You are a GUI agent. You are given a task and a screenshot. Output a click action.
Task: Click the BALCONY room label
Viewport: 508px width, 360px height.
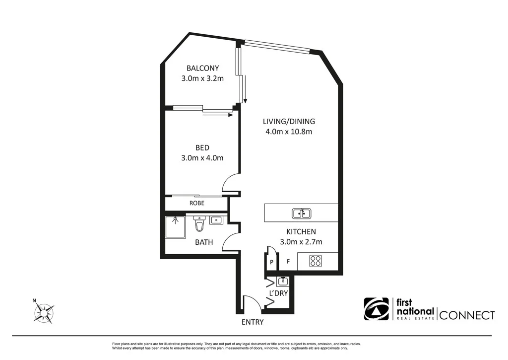[202, 68]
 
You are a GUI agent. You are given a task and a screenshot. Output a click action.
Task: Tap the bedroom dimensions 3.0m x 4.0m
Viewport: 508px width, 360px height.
[202, 158]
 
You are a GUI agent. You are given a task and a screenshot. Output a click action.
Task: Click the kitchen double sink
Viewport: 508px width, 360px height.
[301, 214]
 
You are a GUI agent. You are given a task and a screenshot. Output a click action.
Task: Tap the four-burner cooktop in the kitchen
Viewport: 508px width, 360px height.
[316, 261]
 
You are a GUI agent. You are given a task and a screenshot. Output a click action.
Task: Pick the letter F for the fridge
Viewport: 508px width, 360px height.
[288, 261]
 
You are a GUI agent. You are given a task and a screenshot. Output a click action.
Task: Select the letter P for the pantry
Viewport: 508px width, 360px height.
[272, 262]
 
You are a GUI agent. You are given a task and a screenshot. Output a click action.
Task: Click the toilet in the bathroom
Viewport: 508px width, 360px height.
[199, 224]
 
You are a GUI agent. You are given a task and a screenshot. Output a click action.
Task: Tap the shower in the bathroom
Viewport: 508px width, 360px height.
[175, 227]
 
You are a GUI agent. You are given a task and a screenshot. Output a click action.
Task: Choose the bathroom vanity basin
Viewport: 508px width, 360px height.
[216, 220]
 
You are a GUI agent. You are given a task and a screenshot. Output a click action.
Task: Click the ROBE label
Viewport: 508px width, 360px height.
[197, 203]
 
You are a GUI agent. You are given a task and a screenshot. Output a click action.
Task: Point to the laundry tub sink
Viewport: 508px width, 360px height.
[282, 282]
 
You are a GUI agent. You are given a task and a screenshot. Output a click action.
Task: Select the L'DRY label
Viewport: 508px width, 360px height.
[278, 293]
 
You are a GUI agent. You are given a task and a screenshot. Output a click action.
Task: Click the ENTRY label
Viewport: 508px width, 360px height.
[252, 322]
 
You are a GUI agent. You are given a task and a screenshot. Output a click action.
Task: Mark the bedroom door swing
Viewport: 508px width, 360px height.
[230, 183]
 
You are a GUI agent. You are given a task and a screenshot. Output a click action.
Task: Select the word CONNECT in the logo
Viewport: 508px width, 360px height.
[467, 315]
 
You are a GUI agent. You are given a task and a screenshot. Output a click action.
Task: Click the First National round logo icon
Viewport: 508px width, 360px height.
[377, 309]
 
